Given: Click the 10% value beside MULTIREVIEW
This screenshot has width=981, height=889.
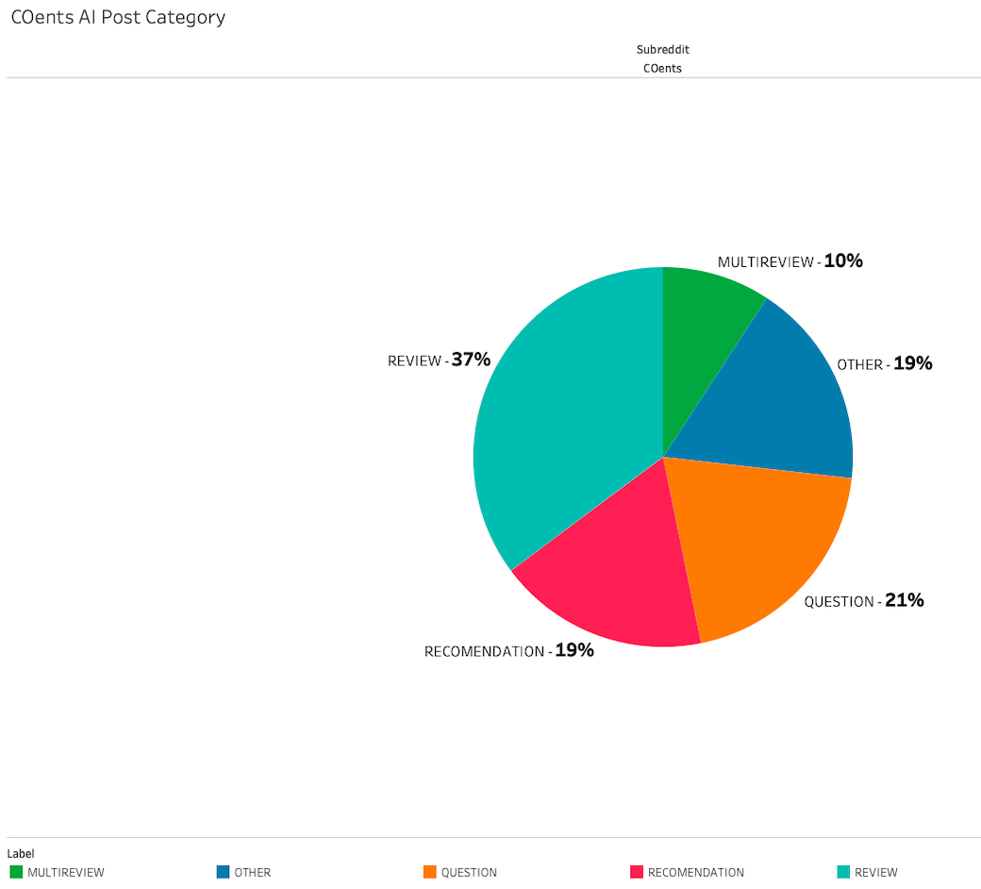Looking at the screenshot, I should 843,260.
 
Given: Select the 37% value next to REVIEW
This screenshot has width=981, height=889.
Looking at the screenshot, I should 471,360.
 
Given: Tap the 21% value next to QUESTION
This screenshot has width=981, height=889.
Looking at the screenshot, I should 904,600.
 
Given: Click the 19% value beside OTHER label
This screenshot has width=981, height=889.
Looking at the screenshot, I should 912,363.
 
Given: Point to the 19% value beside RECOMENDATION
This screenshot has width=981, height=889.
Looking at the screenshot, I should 574,650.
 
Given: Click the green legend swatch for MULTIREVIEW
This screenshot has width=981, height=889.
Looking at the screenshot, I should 16,872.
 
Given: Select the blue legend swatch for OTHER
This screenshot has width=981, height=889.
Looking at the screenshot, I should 223,872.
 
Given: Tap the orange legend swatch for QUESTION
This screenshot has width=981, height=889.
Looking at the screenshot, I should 430,872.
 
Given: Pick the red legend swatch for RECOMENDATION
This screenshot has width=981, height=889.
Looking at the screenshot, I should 637,872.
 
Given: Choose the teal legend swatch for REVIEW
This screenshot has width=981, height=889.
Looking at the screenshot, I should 843,872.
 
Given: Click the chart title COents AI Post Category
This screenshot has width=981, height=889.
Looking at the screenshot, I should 118,17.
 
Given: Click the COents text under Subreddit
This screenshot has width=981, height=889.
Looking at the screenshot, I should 662,68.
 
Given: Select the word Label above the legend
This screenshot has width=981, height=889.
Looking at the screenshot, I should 21,853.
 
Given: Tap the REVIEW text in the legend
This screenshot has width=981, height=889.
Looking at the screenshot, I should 876,873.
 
